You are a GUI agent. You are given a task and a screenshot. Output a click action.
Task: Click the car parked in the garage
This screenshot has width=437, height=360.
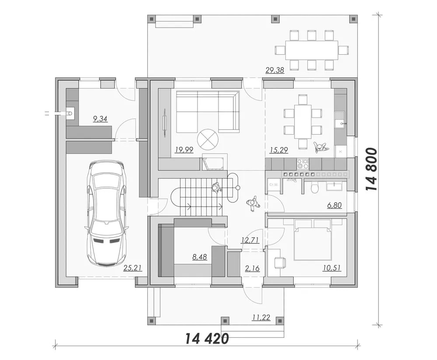pos(108,213)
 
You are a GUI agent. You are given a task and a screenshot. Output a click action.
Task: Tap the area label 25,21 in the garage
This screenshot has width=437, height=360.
pos(133,268)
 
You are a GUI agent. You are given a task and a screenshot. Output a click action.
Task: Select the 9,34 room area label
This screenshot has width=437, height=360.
pos(100,119)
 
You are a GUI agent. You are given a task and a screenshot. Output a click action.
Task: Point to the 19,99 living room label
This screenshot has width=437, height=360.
pos(184,150)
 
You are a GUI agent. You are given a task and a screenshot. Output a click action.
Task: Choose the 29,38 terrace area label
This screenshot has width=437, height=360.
pos(275,70)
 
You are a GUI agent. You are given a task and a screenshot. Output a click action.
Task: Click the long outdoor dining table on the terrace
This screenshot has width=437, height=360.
pos(312,50)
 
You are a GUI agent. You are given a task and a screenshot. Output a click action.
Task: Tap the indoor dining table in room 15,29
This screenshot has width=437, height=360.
pos(303,121)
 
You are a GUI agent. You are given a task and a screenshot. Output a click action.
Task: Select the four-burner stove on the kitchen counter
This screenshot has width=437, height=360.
pos(303,163)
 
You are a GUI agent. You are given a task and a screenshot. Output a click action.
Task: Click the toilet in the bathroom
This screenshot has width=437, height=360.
pos(315,188)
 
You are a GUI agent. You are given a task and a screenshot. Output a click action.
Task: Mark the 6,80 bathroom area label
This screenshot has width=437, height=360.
pos(334,205)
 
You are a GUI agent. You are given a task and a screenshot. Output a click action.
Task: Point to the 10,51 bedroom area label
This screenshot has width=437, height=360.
pos(332,268)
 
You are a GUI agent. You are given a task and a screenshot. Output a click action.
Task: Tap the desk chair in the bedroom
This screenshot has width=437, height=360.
pos(280,263)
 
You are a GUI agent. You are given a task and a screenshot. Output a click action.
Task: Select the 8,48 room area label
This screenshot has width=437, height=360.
pos(200,256)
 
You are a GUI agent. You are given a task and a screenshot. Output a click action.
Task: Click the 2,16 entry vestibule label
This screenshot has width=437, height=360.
pos(252,268)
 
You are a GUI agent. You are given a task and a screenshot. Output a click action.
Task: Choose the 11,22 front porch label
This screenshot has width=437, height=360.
pos(261,317)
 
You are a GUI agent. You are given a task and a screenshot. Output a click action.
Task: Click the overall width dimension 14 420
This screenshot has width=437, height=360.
pos(207,339)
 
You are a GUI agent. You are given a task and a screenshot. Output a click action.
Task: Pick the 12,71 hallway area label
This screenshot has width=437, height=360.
pos(250,240)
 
